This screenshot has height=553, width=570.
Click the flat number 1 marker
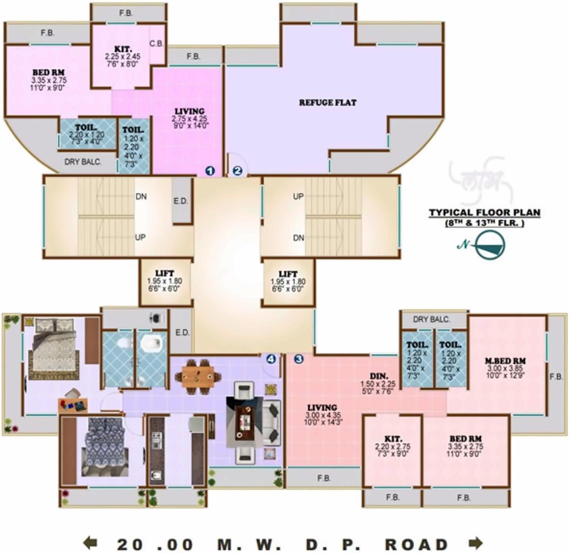(210, 171)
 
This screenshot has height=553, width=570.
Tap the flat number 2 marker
(238, 171)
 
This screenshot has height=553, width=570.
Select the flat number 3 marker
(298, 359)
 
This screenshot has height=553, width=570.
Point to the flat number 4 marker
(271, 359)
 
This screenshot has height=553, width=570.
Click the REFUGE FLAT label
(328, 103)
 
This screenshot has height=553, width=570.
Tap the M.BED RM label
(505, 361)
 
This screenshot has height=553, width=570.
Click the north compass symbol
(490, 245)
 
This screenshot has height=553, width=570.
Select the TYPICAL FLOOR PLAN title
(484, 213)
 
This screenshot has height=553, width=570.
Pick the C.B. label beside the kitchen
(156, 44)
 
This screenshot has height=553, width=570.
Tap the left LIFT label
(164, 274)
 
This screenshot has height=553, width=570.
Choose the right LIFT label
(288, 274)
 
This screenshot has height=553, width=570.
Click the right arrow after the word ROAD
(476, 543)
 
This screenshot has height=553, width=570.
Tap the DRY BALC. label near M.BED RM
(431, 319)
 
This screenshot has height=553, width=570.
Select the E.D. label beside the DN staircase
(181, 201)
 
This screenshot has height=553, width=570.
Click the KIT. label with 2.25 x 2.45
(123, 49)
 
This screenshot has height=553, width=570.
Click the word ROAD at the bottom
(417, 544)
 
